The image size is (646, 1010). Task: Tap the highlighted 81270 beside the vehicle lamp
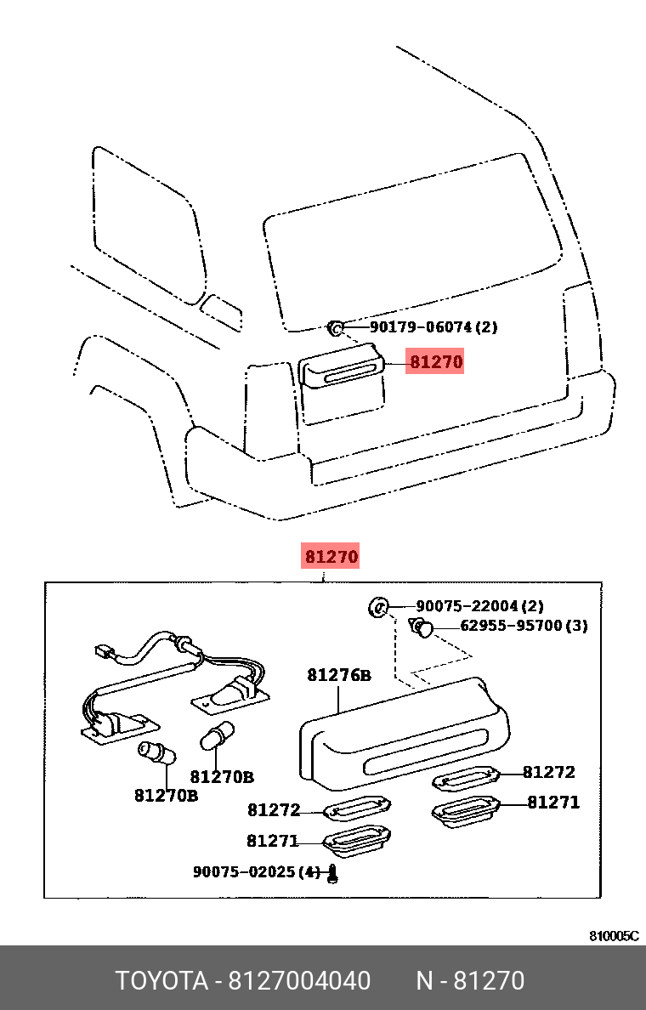[435, 362]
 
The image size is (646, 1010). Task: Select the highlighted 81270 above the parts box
[331, 557]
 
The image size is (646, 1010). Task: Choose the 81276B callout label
[339, 676]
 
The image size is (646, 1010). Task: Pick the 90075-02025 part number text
[256, 871]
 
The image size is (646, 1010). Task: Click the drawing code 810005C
[614, 936]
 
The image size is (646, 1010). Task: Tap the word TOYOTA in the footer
[161, 981]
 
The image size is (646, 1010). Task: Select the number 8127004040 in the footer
[298, 981]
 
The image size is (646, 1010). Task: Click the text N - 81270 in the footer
[470, 981]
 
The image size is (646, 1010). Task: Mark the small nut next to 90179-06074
[336, 326]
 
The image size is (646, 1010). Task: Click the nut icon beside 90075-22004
[379, 607]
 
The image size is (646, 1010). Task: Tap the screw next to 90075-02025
[333, 873]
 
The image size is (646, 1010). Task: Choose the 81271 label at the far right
[553, 802]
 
